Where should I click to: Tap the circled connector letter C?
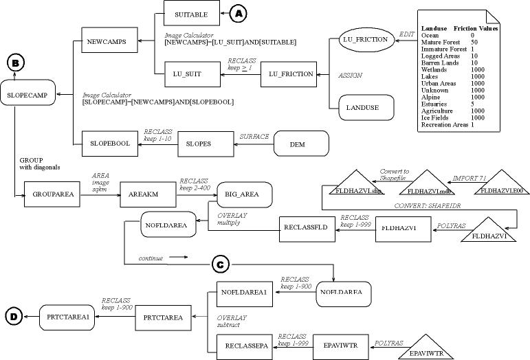[219, 264]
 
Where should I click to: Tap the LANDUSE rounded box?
[363, 108]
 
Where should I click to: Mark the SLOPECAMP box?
[27, 95]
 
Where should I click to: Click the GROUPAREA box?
[47, 194]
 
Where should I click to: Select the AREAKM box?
[144, 194]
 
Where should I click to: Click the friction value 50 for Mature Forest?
[474, 42]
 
